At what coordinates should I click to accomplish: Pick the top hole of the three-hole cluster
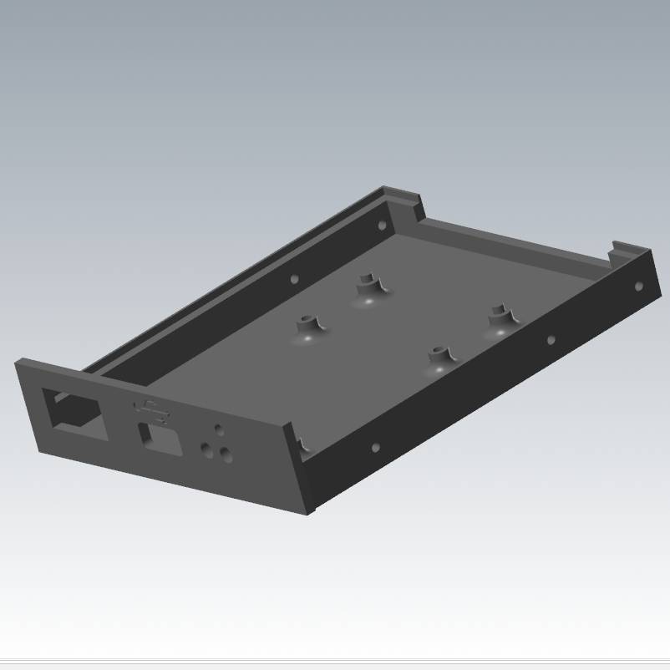click(219, 429)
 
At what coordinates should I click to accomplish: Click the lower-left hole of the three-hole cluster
click(206, 449)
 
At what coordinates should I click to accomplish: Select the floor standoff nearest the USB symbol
click(308, 327)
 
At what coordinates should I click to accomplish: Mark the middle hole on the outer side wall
click(551, 340)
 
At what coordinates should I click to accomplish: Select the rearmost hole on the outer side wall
click(639, 286)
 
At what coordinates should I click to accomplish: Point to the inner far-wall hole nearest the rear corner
click(383, 226)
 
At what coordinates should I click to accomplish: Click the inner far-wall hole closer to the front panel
click(294, 279)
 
